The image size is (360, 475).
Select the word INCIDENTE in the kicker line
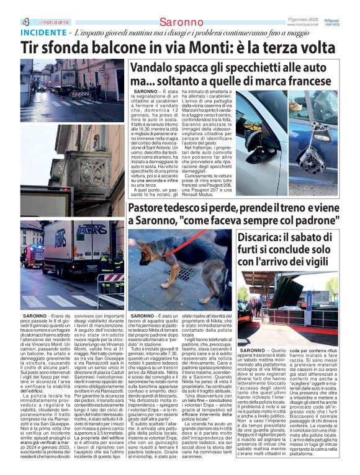44,32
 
